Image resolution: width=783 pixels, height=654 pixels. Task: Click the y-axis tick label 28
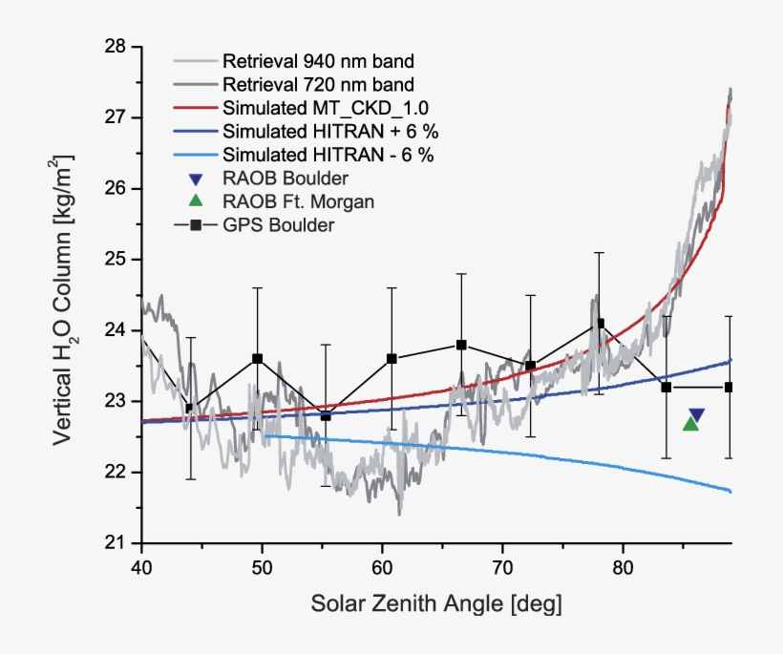point(116,47)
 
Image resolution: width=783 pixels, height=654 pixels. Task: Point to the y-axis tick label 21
point(116,543)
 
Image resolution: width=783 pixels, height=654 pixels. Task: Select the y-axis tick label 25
point(116,260)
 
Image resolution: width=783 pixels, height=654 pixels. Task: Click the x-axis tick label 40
point(141,567)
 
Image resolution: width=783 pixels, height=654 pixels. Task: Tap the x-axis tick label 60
point(382,567)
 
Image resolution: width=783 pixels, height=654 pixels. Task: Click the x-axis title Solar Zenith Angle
point(436,604)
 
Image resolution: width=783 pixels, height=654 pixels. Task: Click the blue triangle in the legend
point(196,178)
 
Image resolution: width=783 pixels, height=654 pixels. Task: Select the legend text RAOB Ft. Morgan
point(297,200)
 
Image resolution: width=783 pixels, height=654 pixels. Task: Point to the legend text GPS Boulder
point(279,224)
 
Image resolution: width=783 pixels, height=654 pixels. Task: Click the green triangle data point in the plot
point(690,423)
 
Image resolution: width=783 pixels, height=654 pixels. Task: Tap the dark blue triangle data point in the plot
point(697,414)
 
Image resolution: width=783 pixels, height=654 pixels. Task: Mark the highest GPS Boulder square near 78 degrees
point(600,324)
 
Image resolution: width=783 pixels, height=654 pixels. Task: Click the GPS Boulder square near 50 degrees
point(257,359)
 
